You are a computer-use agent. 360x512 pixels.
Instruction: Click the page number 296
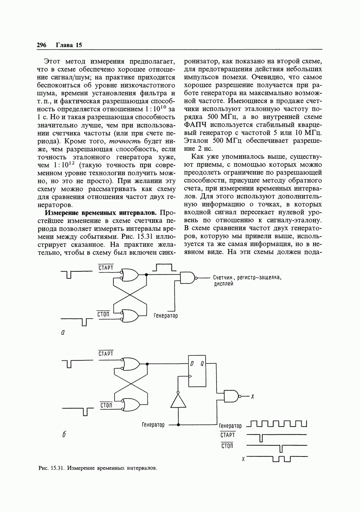(x=41, y=45)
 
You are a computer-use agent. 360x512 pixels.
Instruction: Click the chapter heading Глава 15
(x=69, y=45)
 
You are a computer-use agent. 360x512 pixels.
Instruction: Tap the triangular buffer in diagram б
(x=178, y=401)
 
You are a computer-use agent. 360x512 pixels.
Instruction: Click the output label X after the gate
(x=252, y=397)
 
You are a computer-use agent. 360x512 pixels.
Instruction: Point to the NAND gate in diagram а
(x=187, y=278)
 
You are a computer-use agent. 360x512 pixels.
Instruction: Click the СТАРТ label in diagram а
(x=106, y=268)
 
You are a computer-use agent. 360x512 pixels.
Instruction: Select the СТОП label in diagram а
(x=103, y=314)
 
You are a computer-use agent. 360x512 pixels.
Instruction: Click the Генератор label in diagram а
(x=165, y=316)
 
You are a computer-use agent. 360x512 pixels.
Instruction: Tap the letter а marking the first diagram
(x=63, y=332)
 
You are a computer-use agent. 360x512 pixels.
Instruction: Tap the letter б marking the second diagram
(x=64, y=435)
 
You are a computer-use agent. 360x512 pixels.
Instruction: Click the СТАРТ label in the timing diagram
(x=228, y=435)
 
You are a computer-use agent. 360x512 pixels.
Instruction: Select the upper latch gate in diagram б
(x=131, y=364)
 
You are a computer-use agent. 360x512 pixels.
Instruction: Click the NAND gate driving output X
(x=232, y=396)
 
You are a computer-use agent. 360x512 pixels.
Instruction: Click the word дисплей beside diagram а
(x=223, y=284)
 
